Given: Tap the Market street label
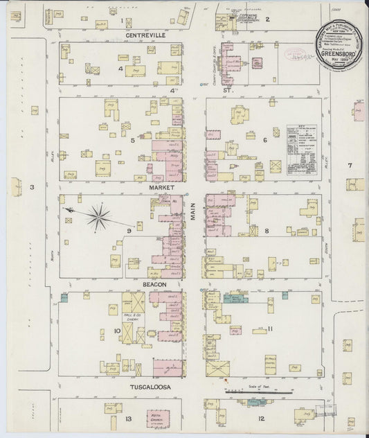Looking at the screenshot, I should coord(159,187).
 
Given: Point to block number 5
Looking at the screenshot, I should coord(132,140).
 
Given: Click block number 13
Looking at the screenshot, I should coord(128,419).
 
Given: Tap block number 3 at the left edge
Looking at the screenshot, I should coord(31,188).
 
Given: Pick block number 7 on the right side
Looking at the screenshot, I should coord(350,165).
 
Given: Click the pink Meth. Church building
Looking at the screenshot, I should coord(158,419).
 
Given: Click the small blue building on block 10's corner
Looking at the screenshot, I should coord(64,298).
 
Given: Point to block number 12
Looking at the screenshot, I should coord(261,419).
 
